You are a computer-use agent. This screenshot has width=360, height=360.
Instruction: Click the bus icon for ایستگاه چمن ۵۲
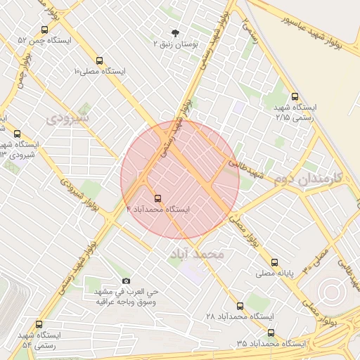pos(45,30)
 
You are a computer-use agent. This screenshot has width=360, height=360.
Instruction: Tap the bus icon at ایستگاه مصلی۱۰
pos(99,60)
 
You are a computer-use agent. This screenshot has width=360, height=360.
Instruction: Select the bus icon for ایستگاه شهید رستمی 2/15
pos(294,97)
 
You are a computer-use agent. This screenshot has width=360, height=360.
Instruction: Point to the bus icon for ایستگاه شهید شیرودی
pos(17,134)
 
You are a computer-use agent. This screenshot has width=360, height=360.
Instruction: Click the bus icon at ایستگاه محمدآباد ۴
pos(157,198)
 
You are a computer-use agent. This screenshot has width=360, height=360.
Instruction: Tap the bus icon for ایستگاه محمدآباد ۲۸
pos(240,306)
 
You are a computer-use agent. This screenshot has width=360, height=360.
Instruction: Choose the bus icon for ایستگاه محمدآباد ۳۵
pos(271,333)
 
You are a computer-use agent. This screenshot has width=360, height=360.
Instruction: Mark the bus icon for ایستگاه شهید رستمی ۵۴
pos(39,325)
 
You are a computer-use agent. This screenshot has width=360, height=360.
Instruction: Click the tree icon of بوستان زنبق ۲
pos(175,32)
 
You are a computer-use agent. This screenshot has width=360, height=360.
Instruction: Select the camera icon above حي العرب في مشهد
pos(127,281)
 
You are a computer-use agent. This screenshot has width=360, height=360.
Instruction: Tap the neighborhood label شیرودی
pos(68,119)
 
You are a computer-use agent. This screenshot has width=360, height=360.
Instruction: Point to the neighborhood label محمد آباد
pos(197,253)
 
